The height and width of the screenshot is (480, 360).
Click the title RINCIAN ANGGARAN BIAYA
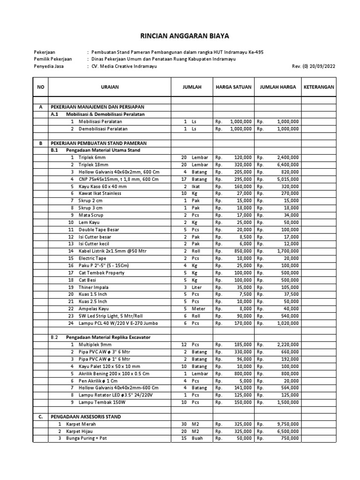tap(180, 36)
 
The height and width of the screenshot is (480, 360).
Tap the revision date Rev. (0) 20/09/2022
tap(314, 67)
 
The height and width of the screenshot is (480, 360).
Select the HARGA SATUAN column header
tap(233, 87)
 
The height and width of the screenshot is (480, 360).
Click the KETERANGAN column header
tap(319, 87)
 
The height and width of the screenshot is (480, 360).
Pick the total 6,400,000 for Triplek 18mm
tap(288, 165)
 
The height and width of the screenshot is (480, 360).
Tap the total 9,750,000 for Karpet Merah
tap(288, 424)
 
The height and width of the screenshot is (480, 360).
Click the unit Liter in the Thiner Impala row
tap(197, 287)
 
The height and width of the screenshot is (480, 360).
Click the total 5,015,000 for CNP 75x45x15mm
tap(288, 179)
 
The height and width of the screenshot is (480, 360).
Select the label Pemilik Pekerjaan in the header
tap(53, 59)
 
